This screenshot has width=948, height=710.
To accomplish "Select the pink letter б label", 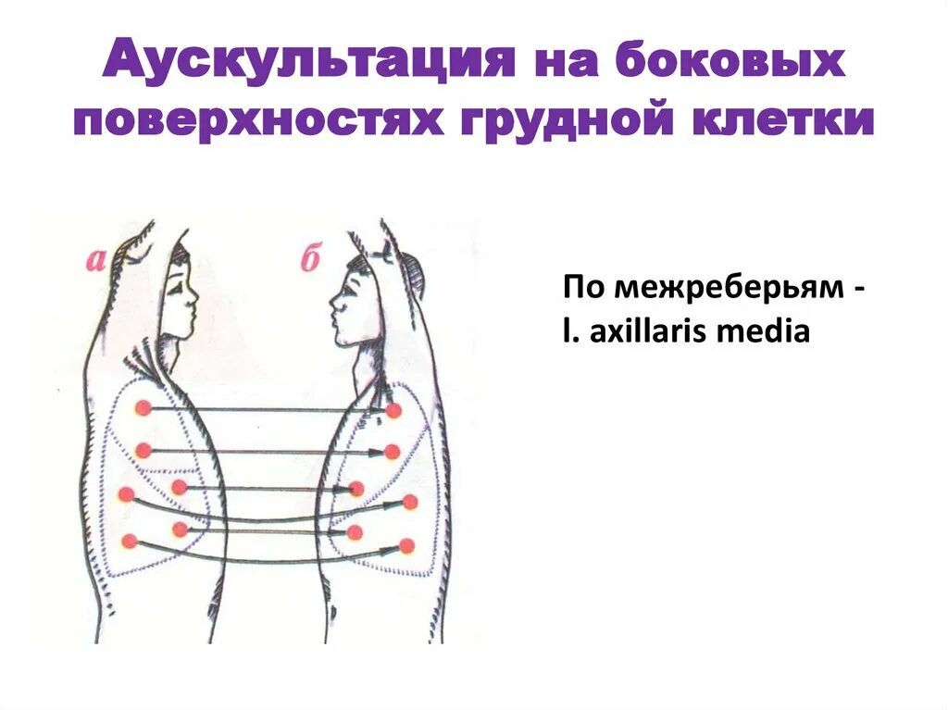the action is pyautogui.click(x=309, y=260).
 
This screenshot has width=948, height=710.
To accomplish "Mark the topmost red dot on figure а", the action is pyautogui.click(x=143, y=408).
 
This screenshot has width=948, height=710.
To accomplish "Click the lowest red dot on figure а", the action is pyautogui.click(x=129, y=542).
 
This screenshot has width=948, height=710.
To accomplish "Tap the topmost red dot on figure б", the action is pyautogui.click(x=393, y=410).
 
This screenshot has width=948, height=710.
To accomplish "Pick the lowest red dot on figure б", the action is pyautogui.click(x=406, y=546).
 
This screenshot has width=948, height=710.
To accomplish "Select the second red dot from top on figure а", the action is pyautogui.click(x=143, y=451).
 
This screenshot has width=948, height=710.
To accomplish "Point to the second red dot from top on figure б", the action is pyautogui.click(x=392, y=453).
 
